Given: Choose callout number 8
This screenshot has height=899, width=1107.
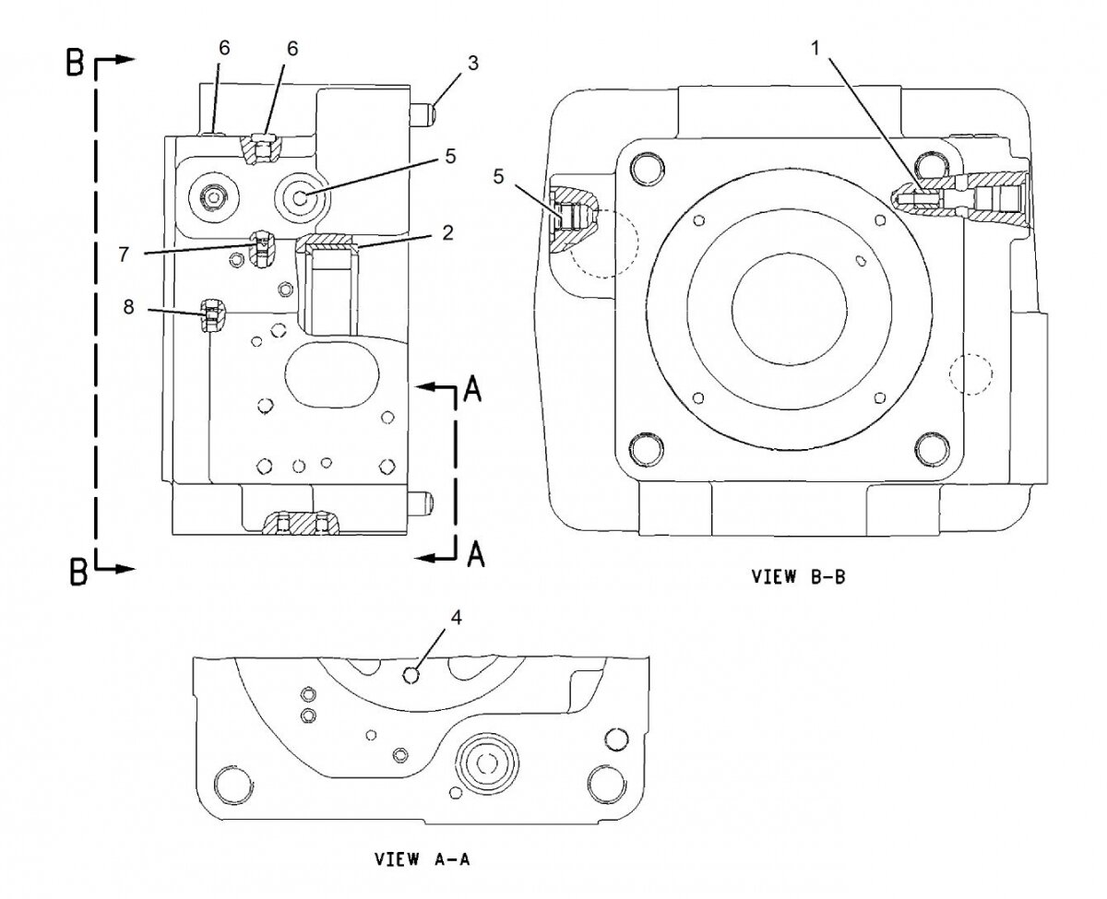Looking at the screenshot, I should (x=129, y=308).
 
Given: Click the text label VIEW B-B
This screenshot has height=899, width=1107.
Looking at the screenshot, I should (x=798, y=577).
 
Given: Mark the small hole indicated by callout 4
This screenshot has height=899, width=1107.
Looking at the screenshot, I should (x=412, y=675).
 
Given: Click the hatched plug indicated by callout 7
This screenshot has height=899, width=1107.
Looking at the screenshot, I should (x=262, y=247).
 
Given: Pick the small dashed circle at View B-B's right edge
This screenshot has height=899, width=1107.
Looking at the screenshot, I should (x=969, y=373).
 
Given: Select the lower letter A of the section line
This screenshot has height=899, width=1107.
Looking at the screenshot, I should (x=474, y=553).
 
